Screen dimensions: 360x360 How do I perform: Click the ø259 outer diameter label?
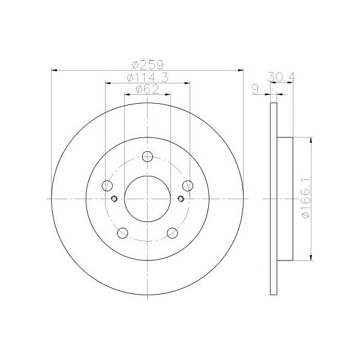click(x=148, y=65)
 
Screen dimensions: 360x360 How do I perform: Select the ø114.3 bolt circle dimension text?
click(x=148, y=77)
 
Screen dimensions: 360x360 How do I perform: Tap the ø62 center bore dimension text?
click(x=148, y=89)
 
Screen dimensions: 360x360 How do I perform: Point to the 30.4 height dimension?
click(x=282, y=77)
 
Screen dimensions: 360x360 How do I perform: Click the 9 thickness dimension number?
click(x=256, y=89)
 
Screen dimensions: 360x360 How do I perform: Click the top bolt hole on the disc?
click(x=148, y=157)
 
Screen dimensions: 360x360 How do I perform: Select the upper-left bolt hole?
click(x=107, y=185)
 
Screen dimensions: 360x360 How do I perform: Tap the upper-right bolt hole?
click(x=188, y=185)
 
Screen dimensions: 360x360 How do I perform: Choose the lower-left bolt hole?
click(x=122, y=233)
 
